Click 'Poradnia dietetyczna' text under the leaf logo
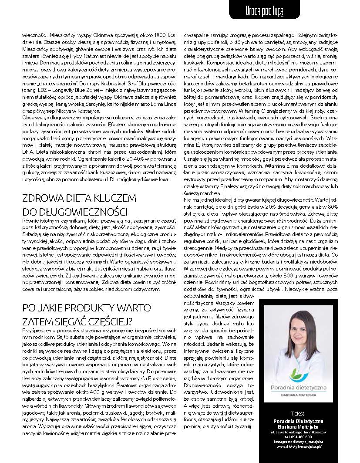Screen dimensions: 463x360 coord(298,387)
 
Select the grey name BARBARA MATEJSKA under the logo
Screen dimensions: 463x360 coord(298,394)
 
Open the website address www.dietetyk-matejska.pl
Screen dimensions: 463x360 coord(298,446)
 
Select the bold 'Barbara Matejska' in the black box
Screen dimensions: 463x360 coord(298,426)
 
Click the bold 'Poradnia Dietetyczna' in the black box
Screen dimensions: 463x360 coord(298,421)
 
